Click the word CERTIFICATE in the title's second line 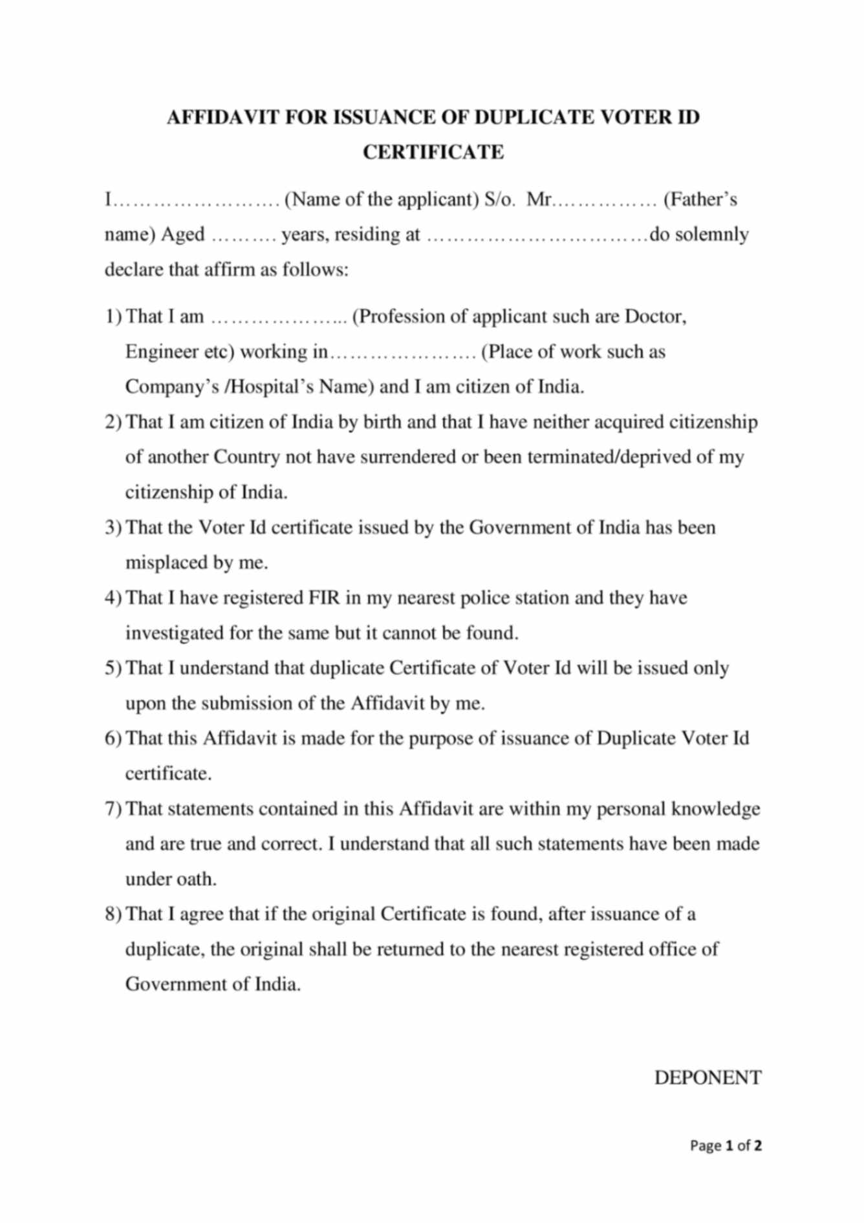(433, 152)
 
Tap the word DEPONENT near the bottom (707, 1077)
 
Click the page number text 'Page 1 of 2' (726, 1145)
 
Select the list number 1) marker (113, 317)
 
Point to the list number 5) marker (113, 668)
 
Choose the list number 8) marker (113, 915)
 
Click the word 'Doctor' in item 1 (654, 317)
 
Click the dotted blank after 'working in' (402, 353)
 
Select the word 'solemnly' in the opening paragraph (711, 234)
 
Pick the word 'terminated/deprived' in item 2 (601, 457)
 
